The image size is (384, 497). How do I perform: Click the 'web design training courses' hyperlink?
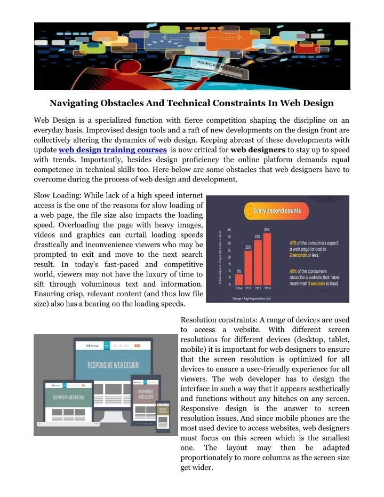tap(113, 149)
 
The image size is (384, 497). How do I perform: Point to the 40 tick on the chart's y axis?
tap(229, 231)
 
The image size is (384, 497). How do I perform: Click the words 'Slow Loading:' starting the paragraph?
tap(57, 195)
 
